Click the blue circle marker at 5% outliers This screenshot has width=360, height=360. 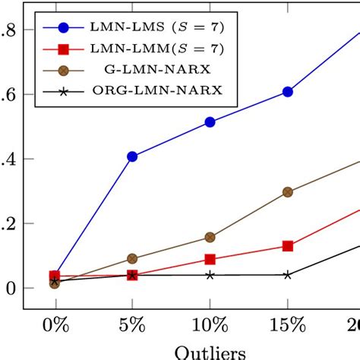click(x=132, y=156)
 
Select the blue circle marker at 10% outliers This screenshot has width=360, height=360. click(x=210, y=122)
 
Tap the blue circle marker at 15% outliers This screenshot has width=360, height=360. click(x=288, y=92)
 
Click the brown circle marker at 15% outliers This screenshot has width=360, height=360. click(x=288, y=192)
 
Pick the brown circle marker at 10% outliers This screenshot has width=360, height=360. click(x=210, y=237)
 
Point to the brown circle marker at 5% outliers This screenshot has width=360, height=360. click(x=132, y=259)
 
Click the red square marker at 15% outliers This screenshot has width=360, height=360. click(x=288, y=246)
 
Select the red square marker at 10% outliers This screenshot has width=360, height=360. click(x=210, y=260)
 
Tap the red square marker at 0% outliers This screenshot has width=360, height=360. click(x=55, y=276)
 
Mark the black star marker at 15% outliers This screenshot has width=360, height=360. click(x=288, y=274)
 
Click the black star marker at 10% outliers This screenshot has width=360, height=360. click(x=210, y=274)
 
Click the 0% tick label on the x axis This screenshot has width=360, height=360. click(x=55, y=327)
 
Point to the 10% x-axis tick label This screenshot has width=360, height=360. click(x=210, y=327)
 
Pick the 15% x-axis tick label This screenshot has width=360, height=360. click(x=288, y=327)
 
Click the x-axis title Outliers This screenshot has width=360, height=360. click(x=210, y=352)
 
